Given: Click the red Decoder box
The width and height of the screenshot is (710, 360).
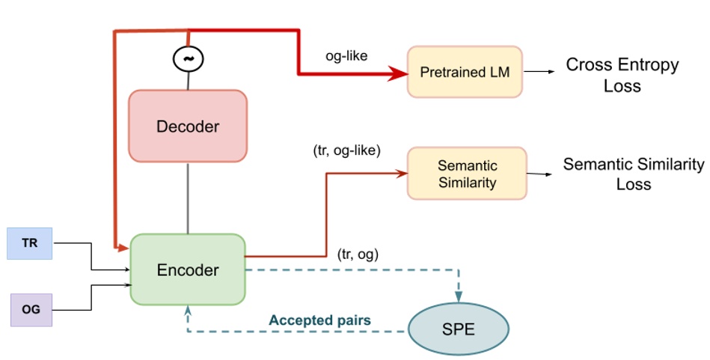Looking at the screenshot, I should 187,126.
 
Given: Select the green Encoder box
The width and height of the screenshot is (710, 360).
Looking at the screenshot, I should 187,269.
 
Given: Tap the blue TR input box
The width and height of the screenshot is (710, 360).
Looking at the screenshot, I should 30,243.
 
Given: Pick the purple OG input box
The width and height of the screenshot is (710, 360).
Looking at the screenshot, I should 31,310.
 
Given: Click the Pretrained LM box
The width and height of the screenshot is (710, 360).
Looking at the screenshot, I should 464,72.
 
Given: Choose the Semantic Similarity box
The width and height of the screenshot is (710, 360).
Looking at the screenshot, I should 467,173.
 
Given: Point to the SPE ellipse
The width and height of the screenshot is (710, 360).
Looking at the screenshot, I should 459,329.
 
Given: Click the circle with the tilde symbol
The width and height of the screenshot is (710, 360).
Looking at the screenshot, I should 187,58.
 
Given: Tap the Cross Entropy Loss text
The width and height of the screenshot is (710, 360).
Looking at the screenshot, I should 622,75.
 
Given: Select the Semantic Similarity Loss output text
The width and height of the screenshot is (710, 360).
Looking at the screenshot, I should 633,174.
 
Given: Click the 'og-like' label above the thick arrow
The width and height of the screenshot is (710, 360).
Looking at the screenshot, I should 346,55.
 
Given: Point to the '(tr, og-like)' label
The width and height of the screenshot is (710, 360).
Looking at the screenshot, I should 346,150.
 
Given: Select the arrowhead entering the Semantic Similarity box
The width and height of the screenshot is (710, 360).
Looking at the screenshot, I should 401,173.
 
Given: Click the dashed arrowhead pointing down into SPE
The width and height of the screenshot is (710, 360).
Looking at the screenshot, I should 459,295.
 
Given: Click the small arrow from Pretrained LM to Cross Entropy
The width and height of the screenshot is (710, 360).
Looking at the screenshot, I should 539,72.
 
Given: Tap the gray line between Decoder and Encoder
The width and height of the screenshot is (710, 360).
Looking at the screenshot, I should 187,198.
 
